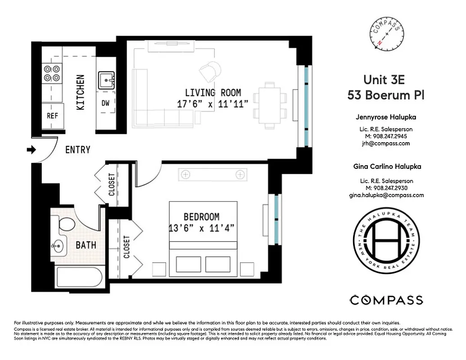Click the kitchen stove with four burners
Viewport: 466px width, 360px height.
[x=52, y=73]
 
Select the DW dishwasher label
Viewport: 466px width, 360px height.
[x=106, y=103]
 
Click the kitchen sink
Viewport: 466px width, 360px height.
[x=106, y=81]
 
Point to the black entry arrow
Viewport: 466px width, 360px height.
[x=32, y=149]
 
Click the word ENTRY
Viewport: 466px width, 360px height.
[x=77, y=149]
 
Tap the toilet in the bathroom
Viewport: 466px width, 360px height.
[x=67, y=224]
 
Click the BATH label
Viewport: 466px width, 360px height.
[x=86, y=245]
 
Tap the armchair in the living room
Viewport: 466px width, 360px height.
[x=210, y=71]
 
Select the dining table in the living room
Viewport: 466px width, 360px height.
[x=270, y=105]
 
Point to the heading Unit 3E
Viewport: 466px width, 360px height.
[x=384, y=80]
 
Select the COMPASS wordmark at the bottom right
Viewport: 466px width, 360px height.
[x=386, y=300]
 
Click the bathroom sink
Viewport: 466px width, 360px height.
[x=58, y=245]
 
